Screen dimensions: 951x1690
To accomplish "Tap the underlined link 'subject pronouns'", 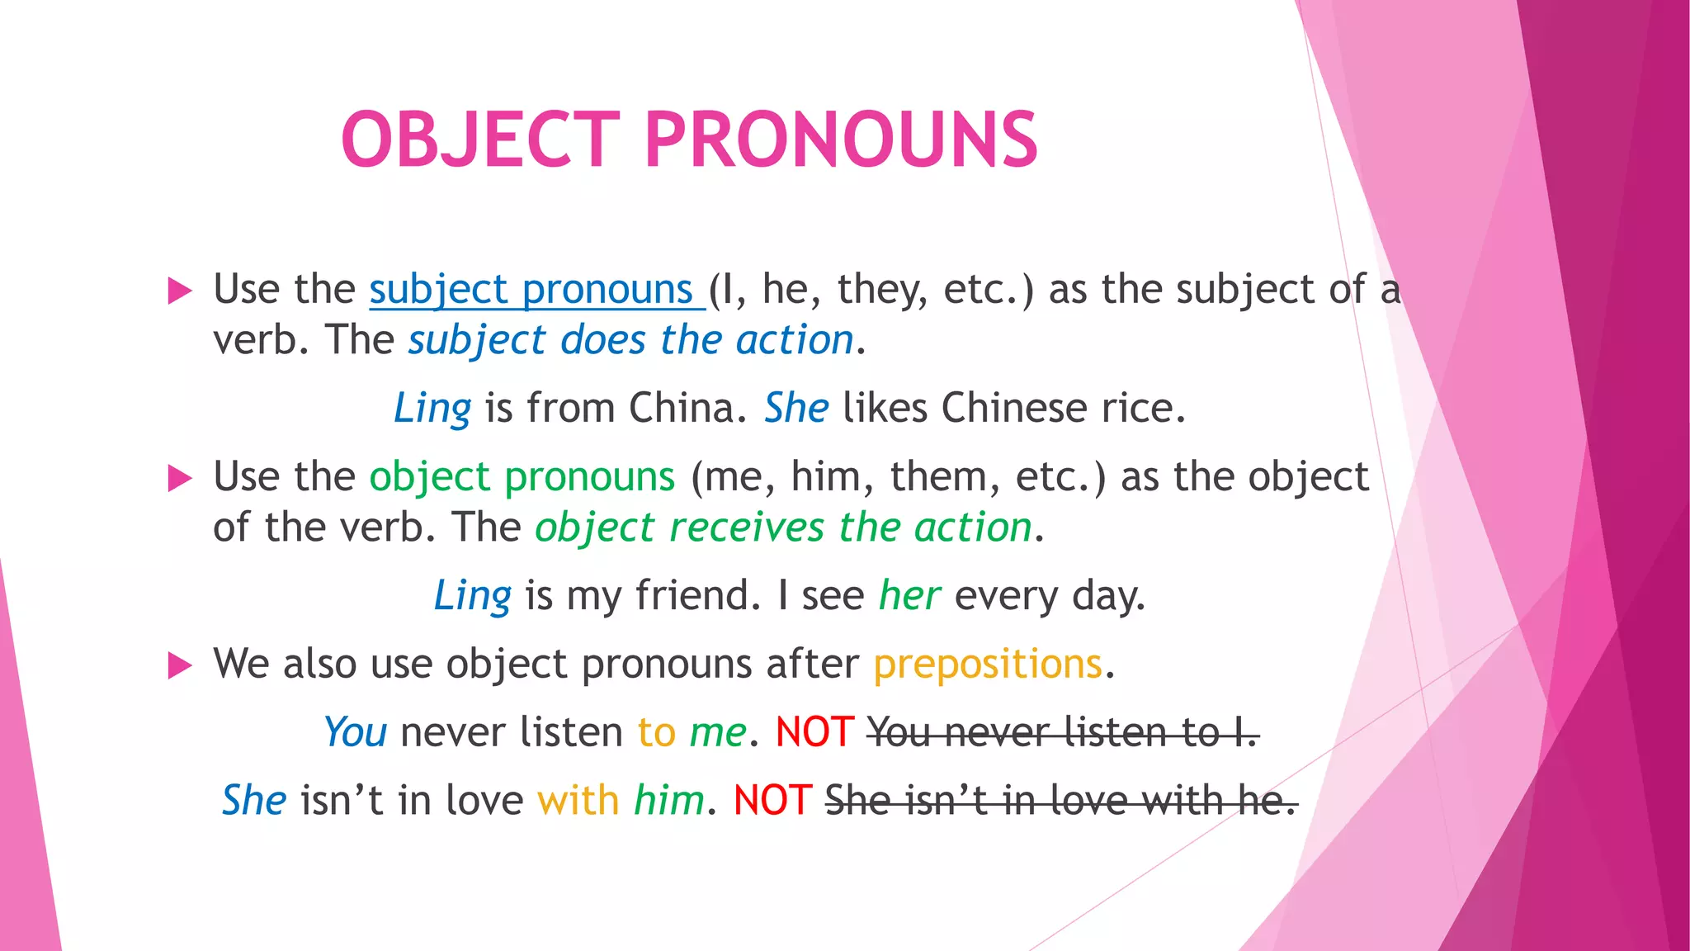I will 536,290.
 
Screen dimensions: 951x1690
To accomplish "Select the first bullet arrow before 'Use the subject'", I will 179,291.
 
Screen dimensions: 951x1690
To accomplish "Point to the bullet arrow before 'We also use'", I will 179,665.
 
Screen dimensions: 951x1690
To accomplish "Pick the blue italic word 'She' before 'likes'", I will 796,408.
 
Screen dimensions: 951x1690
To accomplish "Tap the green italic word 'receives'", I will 747,528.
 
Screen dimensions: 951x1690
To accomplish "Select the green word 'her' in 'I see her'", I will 909,595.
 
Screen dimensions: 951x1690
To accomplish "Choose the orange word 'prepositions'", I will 988,665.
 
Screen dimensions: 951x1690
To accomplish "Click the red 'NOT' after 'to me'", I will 814,732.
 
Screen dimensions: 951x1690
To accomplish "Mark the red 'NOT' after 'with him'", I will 772,801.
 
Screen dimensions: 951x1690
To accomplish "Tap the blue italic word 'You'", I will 355,732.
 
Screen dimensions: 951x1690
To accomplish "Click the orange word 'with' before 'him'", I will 578,801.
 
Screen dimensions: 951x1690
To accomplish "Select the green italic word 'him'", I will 669,801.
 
